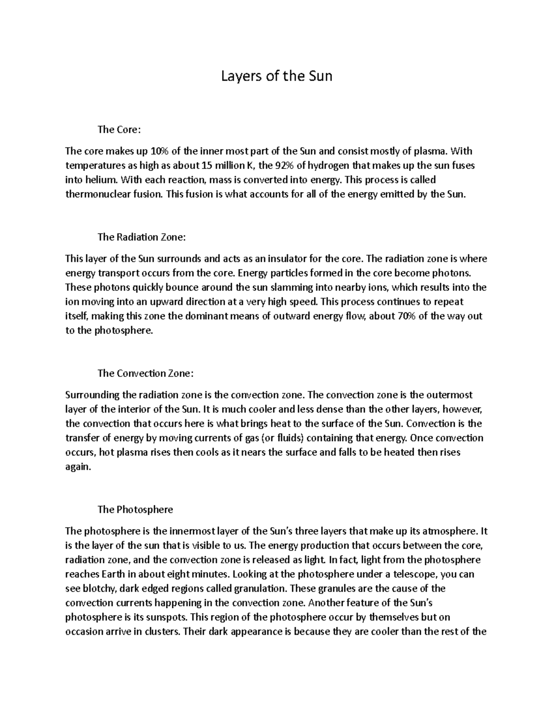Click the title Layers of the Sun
(x=277, y=76)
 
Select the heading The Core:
(x=118, y=130)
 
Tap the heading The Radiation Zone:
(x=142, y=237)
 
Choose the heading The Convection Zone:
(x=145, y=374)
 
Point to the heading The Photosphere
(x=135, y=510)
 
